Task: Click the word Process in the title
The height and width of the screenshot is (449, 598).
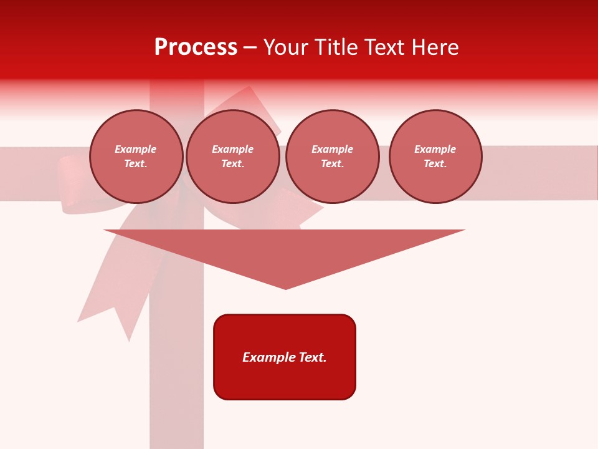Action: pyautogui.click(x=196, y=47)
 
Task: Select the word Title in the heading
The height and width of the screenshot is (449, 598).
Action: pyautogui.click(x=337, y=47)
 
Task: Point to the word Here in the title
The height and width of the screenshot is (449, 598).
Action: pyautogui.click(x=435, y=47)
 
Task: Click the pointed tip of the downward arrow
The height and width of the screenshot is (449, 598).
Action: pyautogui.click(x=286, y=287)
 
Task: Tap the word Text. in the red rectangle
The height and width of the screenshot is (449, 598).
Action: pyautogui.click(x=313, y=357)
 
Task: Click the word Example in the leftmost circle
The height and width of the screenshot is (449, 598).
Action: pyautogui.click(x=136, y=149)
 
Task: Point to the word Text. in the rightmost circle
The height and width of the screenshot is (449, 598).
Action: pyautogui.click(x=435, y=163)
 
